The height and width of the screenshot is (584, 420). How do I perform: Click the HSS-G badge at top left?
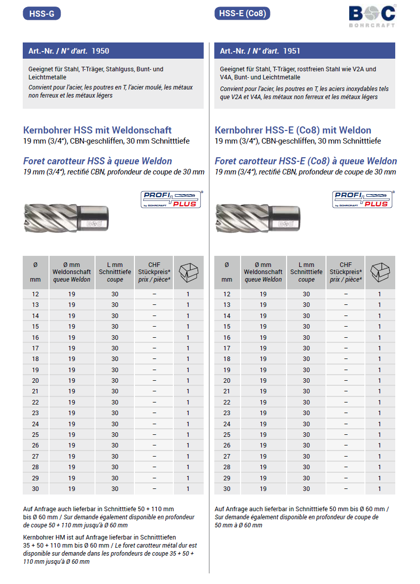point(42,14)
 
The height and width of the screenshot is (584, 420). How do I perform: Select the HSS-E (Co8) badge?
point(242,14)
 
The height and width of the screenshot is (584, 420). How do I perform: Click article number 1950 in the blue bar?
point(101,51)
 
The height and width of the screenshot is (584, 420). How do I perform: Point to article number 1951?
point(292,51)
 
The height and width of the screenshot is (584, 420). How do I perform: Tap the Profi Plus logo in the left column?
point(170,199)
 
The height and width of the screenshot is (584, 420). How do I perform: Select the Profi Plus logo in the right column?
point(362,199)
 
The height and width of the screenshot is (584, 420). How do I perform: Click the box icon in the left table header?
point(188,272)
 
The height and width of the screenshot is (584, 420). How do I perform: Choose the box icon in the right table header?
point(380,272)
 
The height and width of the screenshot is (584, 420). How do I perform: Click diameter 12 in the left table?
point(35,294)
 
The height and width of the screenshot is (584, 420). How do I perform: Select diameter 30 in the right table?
point(227,489)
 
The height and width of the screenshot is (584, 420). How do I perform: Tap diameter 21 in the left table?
point(35,391)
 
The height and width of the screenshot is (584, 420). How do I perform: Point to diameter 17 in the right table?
point(227,348)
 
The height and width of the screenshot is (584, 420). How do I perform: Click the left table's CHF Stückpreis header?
point(154,272)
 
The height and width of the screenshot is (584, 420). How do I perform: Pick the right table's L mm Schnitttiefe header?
point(306,272)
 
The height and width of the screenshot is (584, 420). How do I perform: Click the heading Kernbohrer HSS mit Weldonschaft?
point(98,130)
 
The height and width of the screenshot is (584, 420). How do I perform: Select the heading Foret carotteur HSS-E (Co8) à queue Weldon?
point(306,161)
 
